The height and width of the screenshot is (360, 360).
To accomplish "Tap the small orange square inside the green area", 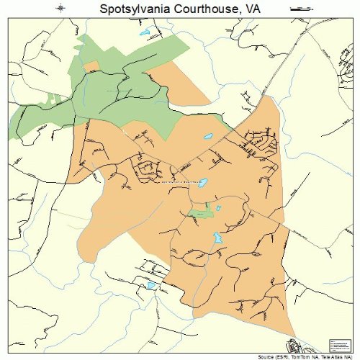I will coord(91,66).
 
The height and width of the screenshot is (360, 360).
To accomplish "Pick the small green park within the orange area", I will coord(201,213).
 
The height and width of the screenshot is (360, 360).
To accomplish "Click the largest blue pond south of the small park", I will coord(216,237).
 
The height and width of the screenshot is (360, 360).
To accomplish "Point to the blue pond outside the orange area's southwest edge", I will coord(150,286).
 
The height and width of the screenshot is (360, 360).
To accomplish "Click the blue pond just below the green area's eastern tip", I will coord(209,136).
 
